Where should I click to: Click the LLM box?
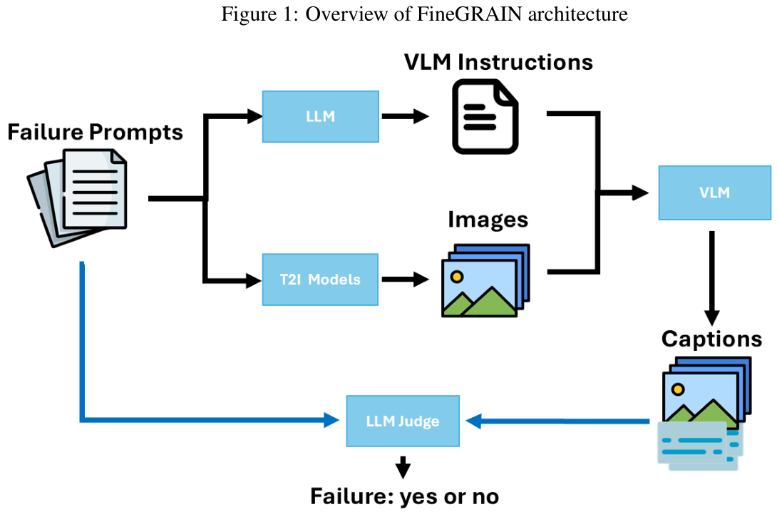click(x=320, y=116)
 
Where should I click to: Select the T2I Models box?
click(x=320, y=279)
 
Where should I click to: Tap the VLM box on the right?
click(x=714, y=193)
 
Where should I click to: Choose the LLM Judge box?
click(x=403, y=421)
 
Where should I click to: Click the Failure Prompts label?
click(x=95, y=132)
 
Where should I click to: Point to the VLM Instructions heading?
click(x=498, y=62)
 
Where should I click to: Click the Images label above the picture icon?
click(x=488, y=219)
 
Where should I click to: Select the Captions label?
click(x=711, y=338)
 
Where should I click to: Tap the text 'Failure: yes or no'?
click(x=404, y=496)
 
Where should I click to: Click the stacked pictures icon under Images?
click(x=485, y=280)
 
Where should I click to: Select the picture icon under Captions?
click(x=702, y=399)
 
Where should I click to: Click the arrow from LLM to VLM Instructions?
click(x=406, y=117)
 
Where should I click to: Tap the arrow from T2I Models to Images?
click(x=406, y=280)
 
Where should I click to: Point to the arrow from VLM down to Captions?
click(x=711, y=278)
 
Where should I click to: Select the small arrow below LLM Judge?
click(x=403, y=466)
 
